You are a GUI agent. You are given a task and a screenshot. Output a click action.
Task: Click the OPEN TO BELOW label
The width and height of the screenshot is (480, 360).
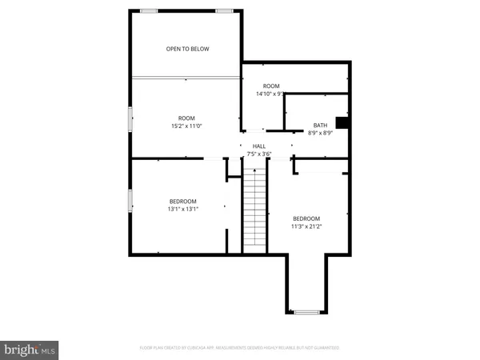pos(187,50)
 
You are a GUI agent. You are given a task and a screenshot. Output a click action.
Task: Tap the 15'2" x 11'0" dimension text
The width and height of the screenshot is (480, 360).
pos(186,126)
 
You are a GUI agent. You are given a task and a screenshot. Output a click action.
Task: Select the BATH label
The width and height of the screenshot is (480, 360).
pos(320,125)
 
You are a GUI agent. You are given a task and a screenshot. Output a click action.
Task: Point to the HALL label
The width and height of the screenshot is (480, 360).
pos(258,146)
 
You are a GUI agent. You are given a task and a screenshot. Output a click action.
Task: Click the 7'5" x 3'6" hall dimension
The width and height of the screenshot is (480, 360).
pos(258,154)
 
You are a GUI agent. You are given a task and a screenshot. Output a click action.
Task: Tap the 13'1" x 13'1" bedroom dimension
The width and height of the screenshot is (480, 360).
pos(182,209)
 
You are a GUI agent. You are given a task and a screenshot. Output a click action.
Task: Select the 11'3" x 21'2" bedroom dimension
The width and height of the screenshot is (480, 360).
pos(306,226)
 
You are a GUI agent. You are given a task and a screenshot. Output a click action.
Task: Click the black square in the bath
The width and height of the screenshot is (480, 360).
pos(342,122)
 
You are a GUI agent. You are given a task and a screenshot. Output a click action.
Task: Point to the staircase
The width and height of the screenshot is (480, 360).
pos(254,211)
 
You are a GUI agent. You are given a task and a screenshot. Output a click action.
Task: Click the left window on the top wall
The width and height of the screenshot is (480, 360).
pos(149,10)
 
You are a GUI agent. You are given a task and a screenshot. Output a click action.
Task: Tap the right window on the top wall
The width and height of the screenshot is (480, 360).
pos(224,10)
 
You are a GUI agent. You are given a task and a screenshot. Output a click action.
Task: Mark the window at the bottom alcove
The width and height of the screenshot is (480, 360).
pos(306,310)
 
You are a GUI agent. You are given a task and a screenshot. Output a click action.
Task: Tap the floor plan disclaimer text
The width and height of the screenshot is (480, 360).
pos(240,348)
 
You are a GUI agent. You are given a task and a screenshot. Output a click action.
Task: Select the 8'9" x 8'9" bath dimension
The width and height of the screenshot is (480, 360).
pos(320,133)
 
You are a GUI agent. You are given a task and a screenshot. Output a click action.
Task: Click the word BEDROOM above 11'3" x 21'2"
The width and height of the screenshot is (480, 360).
pos(306,218)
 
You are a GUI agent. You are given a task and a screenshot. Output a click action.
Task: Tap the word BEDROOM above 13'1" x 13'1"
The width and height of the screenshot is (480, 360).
pos(182,201)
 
